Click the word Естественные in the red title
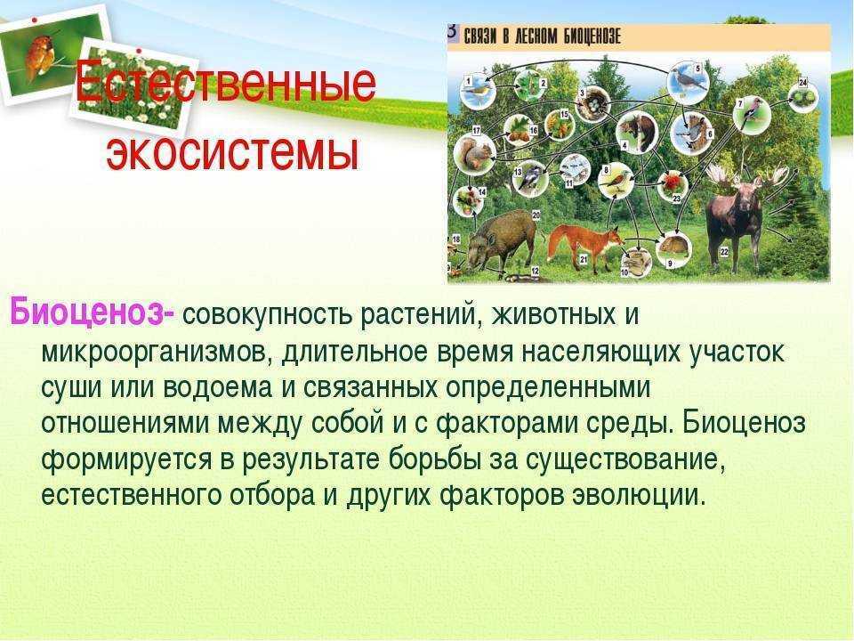point(225,85)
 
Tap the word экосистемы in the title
point(232,152)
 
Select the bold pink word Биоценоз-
point(93,313)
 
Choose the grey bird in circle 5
point(687,81)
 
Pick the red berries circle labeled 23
point(669,186)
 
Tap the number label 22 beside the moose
point(724,252)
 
